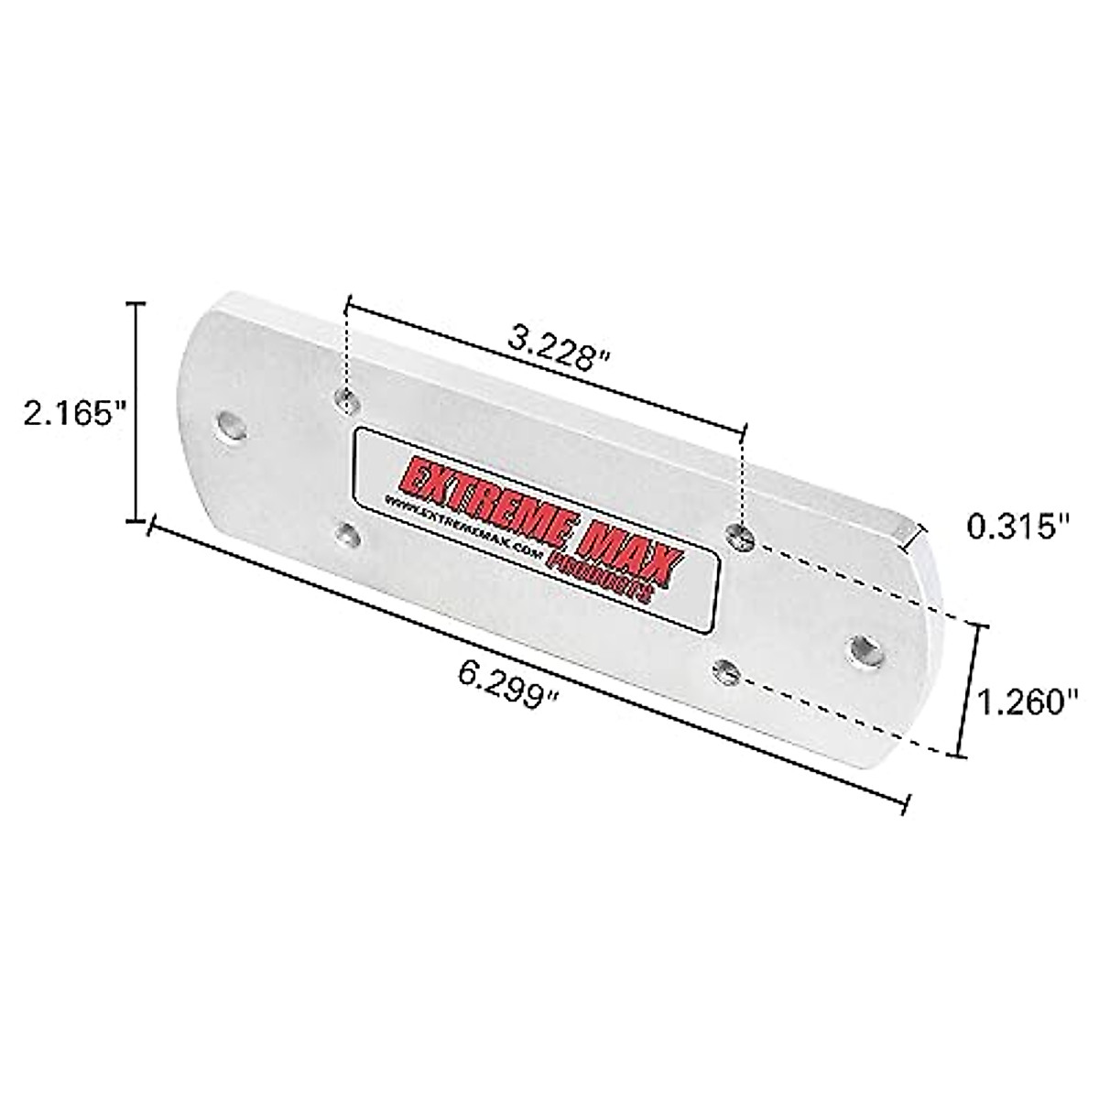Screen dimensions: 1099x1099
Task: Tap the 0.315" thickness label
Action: [x=1017, y=528]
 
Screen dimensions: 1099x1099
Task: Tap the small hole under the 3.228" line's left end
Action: [x=347, y=397]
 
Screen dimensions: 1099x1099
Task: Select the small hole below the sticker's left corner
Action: [x=346, y=534]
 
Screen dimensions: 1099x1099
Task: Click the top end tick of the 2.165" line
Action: [x=138, y=303]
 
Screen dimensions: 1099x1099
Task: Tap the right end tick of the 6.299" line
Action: [x=907, y=803]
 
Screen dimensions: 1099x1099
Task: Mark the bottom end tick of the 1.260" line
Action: [x=960, y=756]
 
